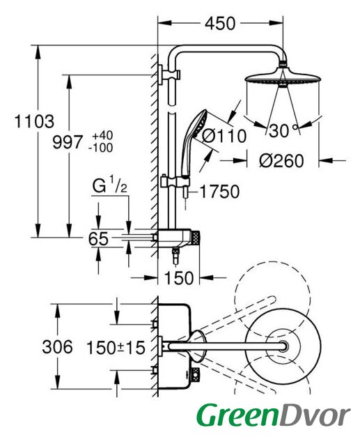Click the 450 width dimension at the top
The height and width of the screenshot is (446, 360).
click(220, 23)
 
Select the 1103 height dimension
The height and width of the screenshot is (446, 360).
click(34, 121)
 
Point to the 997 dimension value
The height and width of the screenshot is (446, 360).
click(68, 142)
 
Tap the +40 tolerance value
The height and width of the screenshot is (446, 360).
click(102, 135)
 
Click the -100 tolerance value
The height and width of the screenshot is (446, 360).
click(100, 148)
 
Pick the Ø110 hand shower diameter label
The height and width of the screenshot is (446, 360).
click(224, 136)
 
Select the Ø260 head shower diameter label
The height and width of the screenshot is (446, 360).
click(281, 161)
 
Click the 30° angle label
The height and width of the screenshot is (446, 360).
click(283, 131)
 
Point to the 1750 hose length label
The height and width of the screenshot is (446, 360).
click(219, 192)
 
